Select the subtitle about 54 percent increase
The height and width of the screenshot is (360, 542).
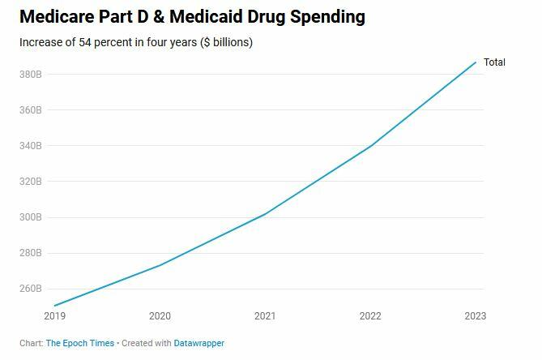(x=136, y=42)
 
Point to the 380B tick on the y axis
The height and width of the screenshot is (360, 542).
(x=31, y=75)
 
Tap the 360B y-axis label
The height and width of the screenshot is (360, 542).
(x=31, y=110)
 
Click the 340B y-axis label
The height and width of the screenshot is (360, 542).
(x=31, y=146)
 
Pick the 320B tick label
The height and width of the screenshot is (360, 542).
(x=31, y=182)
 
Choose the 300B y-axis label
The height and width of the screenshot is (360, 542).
(x=31, y=217)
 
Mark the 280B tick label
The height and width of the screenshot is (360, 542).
(x=31, y=253)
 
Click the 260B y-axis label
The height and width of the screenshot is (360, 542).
(x=31, y=289)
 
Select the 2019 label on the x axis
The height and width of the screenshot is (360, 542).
(x=55, y=315)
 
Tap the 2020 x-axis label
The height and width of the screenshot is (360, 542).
(x=160, y=315)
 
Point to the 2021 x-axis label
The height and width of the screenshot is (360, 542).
(x=265, y=315)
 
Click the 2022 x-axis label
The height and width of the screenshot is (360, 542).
(x=370, y=315)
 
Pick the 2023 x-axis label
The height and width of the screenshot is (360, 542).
(x=475, y=315)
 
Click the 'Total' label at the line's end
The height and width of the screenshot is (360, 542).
(x=494, y=62)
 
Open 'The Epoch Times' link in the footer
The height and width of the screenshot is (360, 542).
(x=80, y=344)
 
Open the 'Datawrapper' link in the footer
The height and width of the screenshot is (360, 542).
(x=199, y=344)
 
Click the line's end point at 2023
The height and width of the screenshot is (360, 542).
(x=476, y=62)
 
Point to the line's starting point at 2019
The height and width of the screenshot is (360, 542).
(x=55, y=306)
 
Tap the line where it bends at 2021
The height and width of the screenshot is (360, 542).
(x=265, y=214)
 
